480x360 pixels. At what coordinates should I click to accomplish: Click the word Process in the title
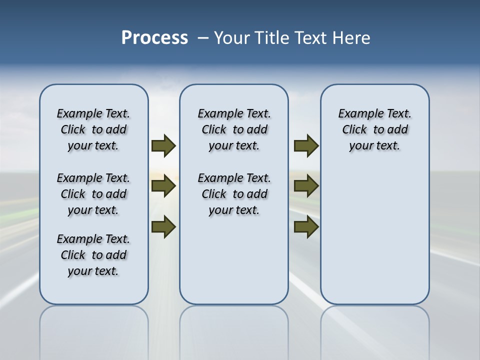pyautogui.click(x=154, y=38)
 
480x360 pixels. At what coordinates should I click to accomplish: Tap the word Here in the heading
pyautogui.click(x=352, y=38)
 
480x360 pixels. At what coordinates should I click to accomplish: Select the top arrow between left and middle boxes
pyautogui.click(x=163, y=145)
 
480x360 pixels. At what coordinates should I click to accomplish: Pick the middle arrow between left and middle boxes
pyautogui.click(x=163, y=186)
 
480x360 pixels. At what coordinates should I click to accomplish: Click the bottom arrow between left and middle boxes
pyautogui.click(x=163, y=227)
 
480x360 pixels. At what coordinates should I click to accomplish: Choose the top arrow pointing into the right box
pyautogui.click(x=306, y=145)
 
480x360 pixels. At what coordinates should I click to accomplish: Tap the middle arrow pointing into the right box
pyautogui.click(x=306, y=186)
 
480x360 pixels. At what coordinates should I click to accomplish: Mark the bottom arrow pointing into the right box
pyautogui.click(x=306, y=227)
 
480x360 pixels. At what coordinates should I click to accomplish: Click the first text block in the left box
pyautogui.click(x=93, y=129)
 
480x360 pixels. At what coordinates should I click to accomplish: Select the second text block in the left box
pyautogui.click(x=93, y=194)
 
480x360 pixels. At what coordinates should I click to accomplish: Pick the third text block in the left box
pyautogui.click(x=93, y=255)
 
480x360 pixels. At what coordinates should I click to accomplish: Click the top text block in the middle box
pyautogui.click(x=234, y=129)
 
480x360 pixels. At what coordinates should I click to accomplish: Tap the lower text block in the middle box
pyautogui.click(x=234, y=194)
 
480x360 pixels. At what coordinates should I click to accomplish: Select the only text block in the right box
pyautogui.click(x=374, y=129)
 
